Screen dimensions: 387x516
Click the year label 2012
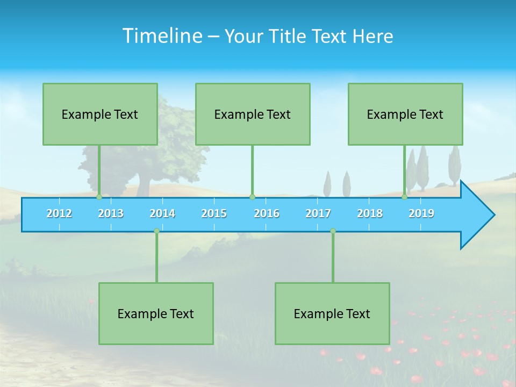[x=59, y=213]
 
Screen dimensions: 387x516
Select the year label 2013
[x=111, y=213]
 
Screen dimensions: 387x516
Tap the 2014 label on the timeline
[x=162, y=213]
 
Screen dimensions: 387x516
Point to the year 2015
[x=214, y=213]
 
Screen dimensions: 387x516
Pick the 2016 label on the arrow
[x=267, y=213]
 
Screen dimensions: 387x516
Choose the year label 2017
[x=318, y=213]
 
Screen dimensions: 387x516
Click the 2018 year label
[x=370, y=213]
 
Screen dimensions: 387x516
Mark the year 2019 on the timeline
[x=421, y=213]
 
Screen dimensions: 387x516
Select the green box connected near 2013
[x=100, y=114]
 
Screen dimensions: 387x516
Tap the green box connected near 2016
[x=253, y=114]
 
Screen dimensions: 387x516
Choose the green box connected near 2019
[x=405, y=114]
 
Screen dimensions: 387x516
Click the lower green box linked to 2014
[x=156, y=313]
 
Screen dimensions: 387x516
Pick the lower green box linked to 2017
[x=332, y=313]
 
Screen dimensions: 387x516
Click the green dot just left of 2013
[x=99, y=197]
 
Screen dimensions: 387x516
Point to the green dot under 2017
[x=333, y=231]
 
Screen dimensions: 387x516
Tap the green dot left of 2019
[x=405, y=197]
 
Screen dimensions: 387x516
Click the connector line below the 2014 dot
[x=156, y=258]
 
